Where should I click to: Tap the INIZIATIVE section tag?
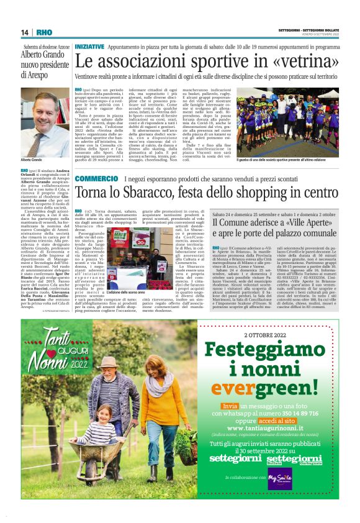(89, 47)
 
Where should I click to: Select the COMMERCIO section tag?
(96, 180)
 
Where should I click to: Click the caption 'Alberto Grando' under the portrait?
(32, 160)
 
